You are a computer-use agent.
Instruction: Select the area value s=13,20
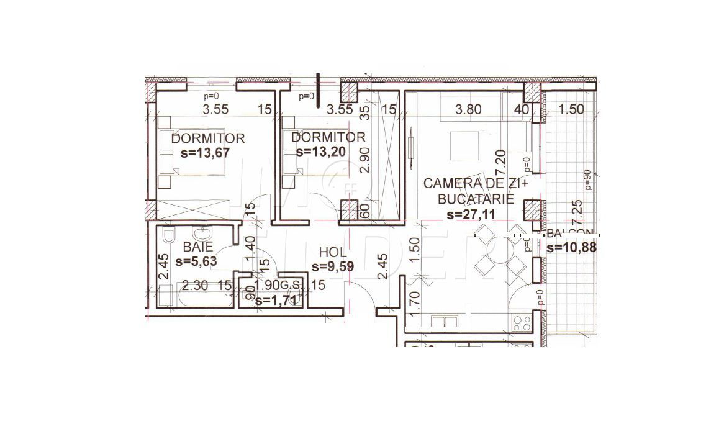[x=319, y=151]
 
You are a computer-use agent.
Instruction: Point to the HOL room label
[x=332, y=252]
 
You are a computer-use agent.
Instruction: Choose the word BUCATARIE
[x=476, y=199]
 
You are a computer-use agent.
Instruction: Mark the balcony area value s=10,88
[x=572, y=248]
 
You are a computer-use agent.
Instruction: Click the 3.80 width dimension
[x=468, y=110]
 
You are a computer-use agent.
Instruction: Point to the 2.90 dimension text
[x=365, y=161]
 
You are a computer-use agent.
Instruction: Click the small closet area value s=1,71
[x=278, y=301]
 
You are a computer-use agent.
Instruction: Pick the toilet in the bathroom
[x=168, y=237]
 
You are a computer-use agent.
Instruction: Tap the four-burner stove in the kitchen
[x=520, y=324]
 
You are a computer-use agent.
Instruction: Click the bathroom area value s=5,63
[x=196, y=261]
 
